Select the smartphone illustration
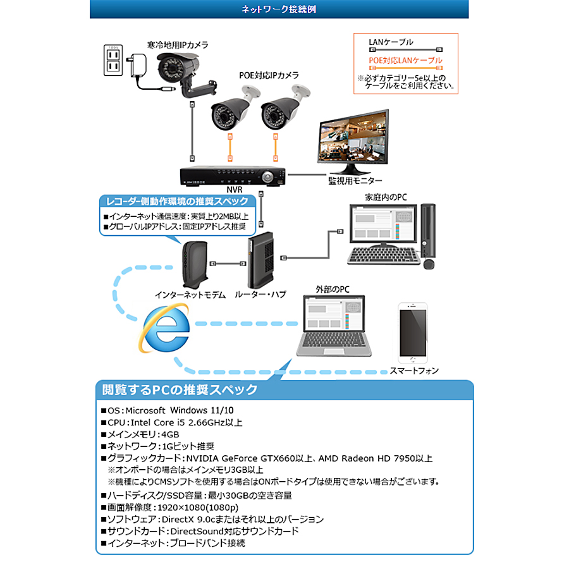413,332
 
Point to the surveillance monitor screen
352,140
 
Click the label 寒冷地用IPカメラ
178,45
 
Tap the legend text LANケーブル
391,42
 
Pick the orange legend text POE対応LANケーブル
405,61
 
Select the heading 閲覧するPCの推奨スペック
176,389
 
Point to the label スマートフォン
414,370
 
